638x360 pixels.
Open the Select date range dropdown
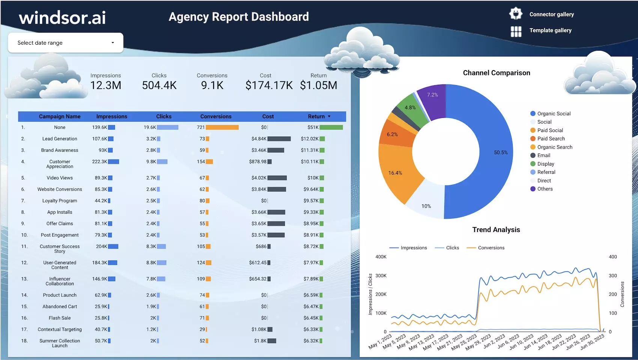tap(66, 43)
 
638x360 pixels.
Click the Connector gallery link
tap(551, 14)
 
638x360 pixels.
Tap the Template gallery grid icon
tap(516, 32)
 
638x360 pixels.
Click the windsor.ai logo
tap(62, 18)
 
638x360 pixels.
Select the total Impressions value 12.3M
tap(106, 86)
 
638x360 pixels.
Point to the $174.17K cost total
tap(269, 86)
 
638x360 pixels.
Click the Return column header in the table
tap(316, 116)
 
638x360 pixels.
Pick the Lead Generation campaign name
tap(60, 139)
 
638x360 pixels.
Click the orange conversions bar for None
tap(222, 128)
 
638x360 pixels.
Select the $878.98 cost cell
tap(258, 162)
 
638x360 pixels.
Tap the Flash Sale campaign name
tap(60, 318)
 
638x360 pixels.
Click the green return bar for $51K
tap(331, 128)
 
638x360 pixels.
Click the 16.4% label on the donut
tap(395, 173)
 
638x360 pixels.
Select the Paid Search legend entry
tap(551, 139)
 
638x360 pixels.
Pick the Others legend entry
tap(545, 189)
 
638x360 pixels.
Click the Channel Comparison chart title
tap(497, 73)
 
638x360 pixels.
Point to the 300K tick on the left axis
tap(381, 276)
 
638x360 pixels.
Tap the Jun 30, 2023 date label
tap(593, 342)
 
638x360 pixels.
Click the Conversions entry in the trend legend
tap(491, 248)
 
